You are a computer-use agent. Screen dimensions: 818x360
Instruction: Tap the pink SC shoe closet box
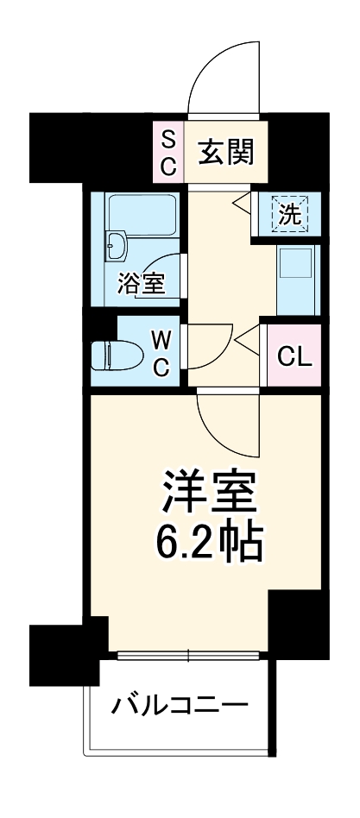click(x=168, y=152)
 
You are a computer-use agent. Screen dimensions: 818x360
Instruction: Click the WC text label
click(x=162, y=354)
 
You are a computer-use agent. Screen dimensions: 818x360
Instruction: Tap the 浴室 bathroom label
click(x=140, y=284)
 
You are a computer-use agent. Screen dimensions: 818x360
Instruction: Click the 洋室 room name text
click(x=210, y=494)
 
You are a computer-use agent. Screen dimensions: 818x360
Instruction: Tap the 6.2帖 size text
click(x=210, y=541)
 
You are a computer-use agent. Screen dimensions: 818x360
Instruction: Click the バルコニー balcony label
click(x=180, y=708)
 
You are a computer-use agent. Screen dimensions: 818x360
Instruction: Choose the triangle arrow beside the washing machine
click(x=242, y=204)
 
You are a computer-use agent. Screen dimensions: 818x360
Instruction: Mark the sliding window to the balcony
click(x=187, y=655)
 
